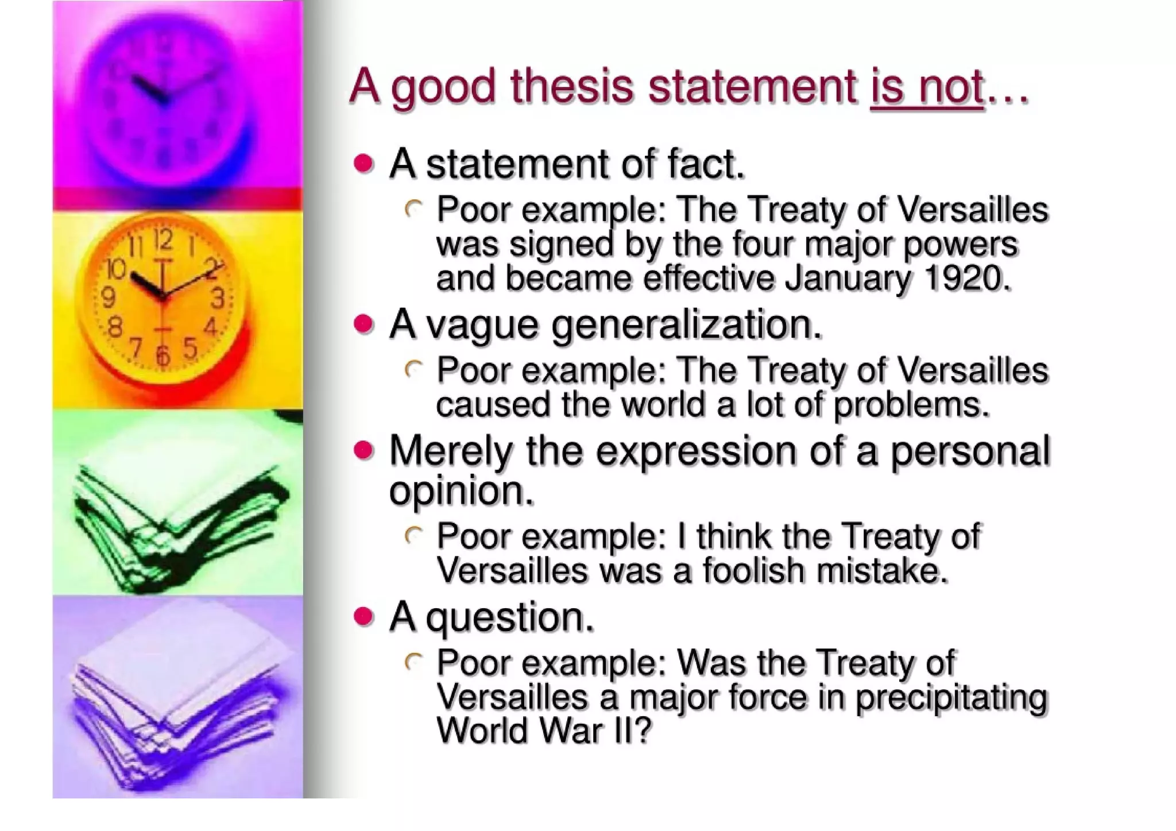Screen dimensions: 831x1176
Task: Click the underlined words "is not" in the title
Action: pos(927,87)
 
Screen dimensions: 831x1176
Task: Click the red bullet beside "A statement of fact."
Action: pos(363,164)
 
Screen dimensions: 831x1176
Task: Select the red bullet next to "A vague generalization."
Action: pos(363,324)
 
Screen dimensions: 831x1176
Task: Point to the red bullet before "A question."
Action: pos(363,617)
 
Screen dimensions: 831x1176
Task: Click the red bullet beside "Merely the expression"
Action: pos(363,451)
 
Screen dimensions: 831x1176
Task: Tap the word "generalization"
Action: pos(683,326)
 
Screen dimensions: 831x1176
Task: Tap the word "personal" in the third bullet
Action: pos(970,451)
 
